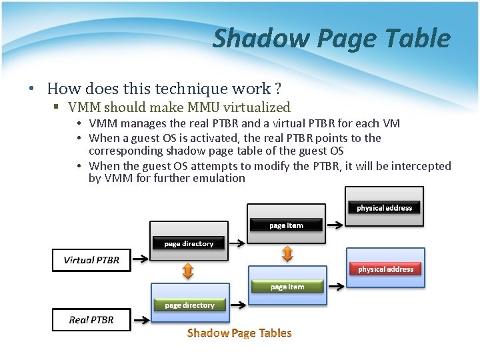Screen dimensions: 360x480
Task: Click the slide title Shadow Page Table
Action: click(331, 39)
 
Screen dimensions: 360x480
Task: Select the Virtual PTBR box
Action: click(91, 260)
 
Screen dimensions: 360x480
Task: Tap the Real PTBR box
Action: click(91, 320)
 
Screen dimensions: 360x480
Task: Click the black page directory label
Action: click(189, 243)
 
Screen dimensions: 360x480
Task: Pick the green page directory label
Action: click(189, 305)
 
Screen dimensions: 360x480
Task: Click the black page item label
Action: click(286, 225)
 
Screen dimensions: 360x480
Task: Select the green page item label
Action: click(287, 287)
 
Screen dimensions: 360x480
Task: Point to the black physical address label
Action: click(384, 208)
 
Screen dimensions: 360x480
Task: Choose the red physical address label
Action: click(385, 269)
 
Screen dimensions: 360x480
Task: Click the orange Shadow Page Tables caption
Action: click(239, 333)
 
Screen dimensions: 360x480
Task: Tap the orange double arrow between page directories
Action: click(188, 271)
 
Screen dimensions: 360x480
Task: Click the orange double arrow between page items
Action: click(287, 253)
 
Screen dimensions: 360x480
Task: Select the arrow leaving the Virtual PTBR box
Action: click(141, 260)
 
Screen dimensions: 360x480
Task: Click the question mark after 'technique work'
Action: click(277, 89)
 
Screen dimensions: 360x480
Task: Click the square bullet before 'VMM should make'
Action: click(58, 107)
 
